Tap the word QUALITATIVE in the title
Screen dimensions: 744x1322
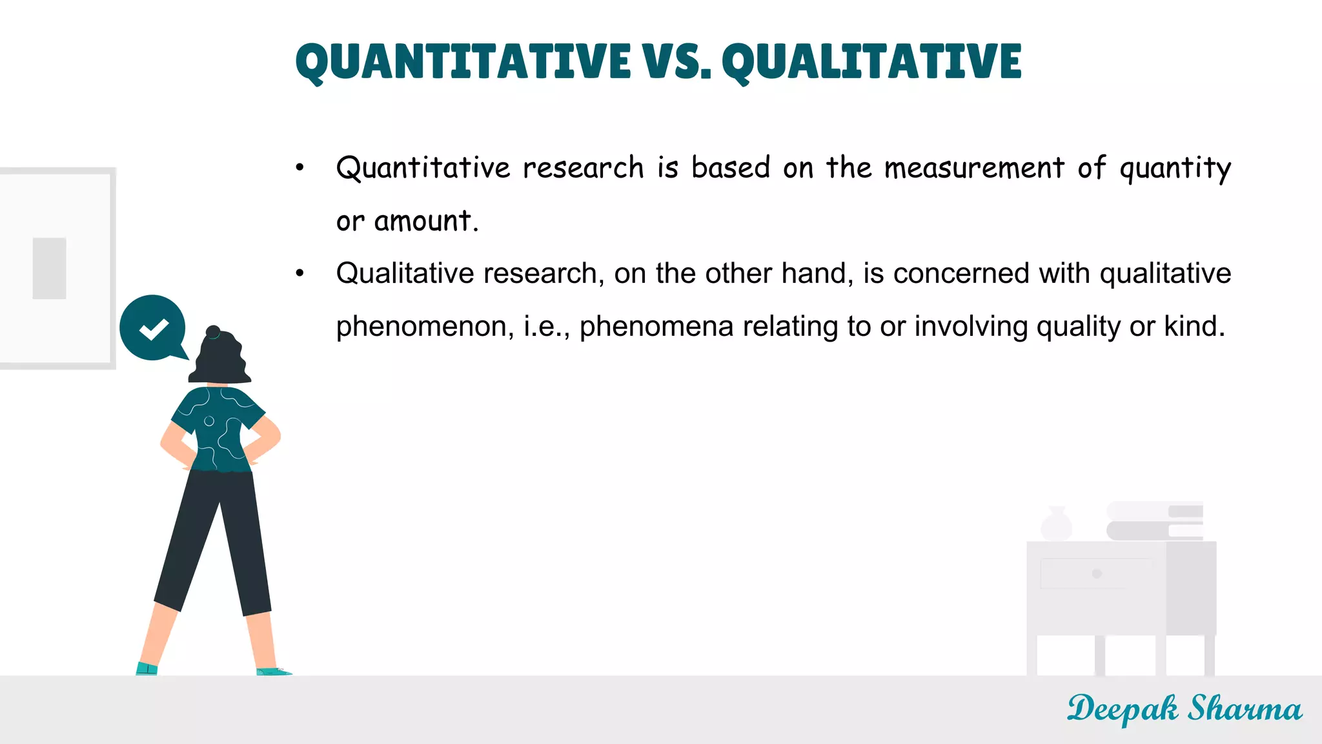pos(871,62)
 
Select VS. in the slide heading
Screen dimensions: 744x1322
pos(676,62)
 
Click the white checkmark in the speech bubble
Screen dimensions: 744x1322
pos(154,329)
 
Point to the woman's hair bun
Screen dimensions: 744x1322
pos(213,332)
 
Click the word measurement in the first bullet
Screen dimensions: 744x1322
pos(974,168)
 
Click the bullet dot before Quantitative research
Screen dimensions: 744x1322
pos(300,168)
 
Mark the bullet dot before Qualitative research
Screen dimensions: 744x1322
pos(300,274)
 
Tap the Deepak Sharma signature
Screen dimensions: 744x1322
pos(1184,709)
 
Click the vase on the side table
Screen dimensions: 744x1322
pos(1057,524)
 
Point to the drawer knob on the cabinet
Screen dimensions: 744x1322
pos(1097,573)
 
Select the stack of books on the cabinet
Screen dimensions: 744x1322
pos(1155,521)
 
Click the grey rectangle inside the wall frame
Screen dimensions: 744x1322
pos(50,268)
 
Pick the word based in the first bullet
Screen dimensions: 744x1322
pos(731,168)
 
